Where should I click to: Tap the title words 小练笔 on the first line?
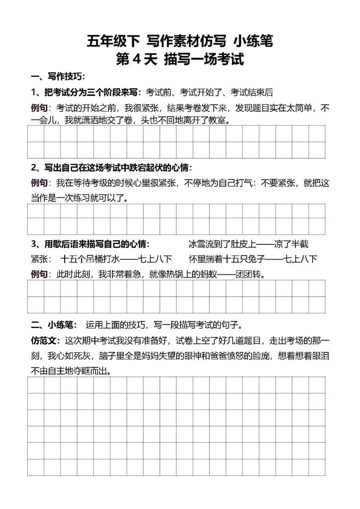[253, 41]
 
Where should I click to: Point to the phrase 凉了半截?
[291, 244]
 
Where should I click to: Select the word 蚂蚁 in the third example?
[209, 275]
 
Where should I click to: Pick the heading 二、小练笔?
[54, 325]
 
